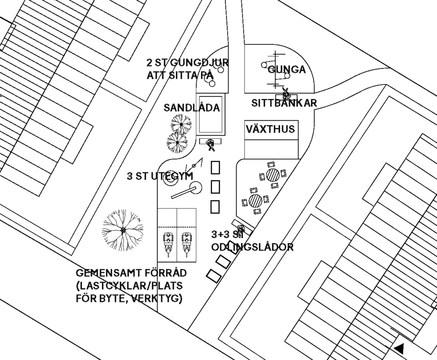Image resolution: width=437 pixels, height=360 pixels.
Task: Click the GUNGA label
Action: [x=286, y=70]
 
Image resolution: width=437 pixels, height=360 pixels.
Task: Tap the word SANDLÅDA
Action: [x=192, y=107]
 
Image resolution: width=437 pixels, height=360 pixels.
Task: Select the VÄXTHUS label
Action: [x=270, y=129]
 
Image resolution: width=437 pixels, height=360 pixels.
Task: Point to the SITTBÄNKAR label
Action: [x=284, y=103]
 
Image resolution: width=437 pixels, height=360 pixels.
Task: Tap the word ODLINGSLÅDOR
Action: [x=252, y=247]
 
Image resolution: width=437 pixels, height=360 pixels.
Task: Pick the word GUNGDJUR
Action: [x=199, y=62]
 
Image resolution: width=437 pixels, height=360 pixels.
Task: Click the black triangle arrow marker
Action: [x=399, y=348]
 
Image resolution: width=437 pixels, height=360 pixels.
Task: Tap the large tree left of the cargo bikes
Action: [x=123, y=230]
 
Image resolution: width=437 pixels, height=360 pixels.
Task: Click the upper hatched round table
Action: [x=273, y=175]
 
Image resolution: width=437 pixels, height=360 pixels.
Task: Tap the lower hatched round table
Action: [x=256, y=200]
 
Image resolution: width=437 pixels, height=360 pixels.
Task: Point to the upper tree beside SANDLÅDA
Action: [x=181, y=124]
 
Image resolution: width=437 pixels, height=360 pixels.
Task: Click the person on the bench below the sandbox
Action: [x=211, y=145]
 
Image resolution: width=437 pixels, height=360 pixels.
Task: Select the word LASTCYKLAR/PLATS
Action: [x=129, y=286]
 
